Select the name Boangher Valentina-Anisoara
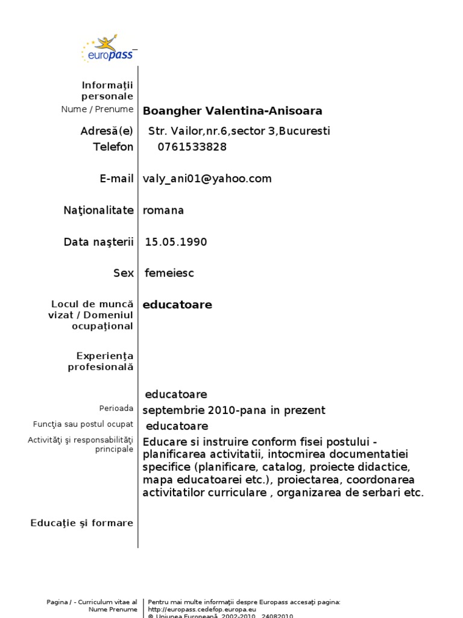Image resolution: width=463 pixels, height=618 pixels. pos(232,111)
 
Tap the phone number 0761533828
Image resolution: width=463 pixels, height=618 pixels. pos(192,147)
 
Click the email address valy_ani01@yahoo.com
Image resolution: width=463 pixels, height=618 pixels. pos(207,179)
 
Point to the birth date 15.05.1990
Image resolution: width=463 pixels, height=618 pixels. pos(175,243)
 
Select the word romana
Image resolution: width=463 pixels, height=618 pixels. pos(163,211)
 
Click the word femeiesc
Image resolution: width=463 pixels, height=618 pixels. pos(169,273)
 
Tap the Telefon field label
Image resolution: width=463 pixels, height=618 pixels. pos(113,147)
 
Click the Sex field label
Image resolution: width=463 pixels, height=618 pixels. pos(123,273)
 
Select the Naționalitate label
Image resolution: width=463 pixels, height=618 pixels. pos(98,211)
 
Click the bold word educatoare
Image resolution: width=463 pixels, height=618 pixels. pos(177,305)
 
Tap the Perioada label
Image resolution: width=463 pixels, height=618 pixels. pos(116,409)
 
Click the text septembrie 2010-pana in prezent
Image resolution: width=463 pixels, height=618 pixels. pos(233,410)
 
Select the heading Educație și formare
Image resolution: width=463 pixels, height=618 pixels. pos(82,523)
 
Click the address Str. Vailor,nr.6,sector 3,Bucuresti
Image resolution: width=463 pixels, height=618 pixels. pos(239,132)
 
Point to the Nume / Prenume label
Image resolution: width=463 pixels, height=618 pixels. pos(97,109)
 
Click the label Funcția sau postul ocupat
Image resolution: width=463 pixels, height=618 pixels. pos(83,425)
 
